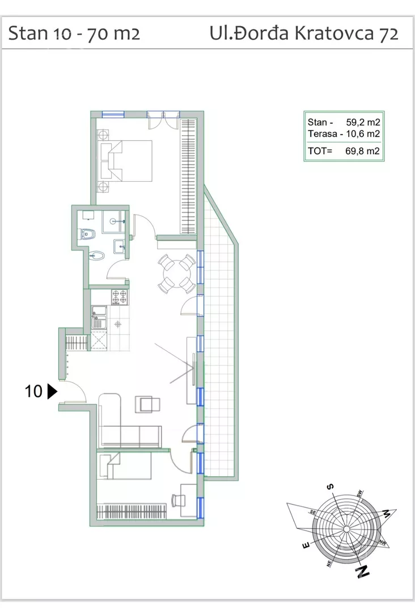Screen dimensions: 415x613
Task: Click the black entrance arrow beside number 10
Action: coord(52,391)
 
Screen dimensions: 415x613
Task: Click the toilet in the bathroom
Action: coord(88,234)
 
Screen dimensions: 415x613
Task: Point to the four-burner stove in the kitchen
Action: coord(119,297)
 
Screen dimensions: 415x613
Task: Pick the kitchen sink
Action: coord(99,317)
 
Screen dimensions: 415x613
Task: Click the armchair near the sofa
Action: coord(147,404)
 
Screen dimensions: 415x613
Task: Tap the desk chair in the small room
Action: coord(179,500)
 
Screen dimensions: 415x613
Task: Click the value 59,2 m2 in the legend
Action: coord(363,122)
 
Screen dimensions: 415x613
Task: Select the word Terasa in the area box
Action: coord(322,134)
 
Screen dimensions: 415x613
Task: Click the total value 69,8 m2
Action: coord(362,151)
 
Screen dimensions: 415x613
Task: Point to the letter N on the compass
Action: coord(363,572)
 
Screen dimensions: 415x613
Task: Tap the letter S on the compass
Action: coord(331,487)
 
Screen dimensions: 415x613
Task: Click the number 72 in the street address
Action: coord(388,33)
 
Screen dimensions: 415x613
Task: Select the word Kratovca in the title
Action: coord(334,33)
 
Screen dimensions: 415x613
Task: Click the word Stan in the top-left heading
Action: coord(28,33)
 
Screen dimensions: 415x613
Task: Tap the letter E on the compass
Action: coord(307,545)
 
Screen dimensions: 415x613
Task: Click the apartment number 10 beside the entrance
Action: coord(33,391)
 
